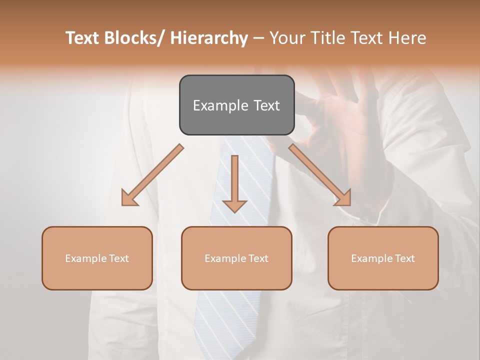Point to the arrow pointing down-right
coord(320,175)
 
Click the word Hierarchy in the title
coord(208,38)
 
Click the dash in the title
coord(258,38)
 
